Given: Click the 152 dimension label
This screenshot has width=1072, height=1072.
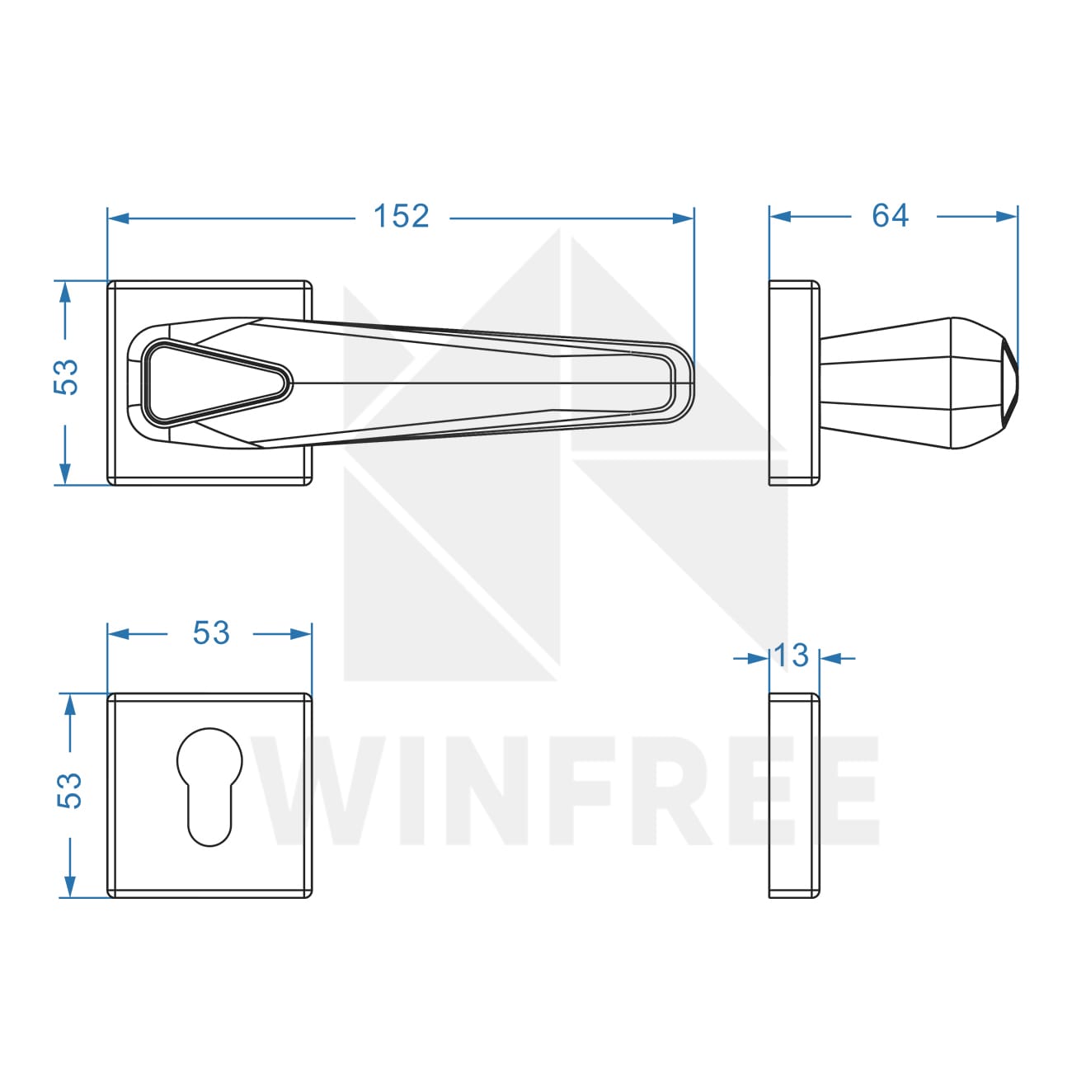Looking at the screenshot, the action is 401,216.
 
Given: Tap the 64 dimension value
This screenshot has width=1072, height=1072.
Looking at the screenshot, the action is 890,215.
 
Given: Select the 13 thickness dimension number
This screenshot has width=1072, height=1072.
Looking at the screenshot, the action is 791,655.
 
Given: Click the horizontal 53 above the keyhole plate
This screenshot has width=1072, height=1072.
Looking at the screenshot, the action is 211,633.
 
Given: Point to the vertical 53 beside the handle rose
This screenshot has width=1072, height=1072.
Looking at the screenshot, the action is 66,377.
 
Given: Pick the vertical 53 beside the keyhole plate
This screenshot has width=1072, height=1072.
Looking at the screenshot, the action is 69,791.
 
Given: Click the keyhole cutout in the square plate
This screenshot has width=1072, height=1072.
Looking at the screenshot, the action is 209,787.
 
